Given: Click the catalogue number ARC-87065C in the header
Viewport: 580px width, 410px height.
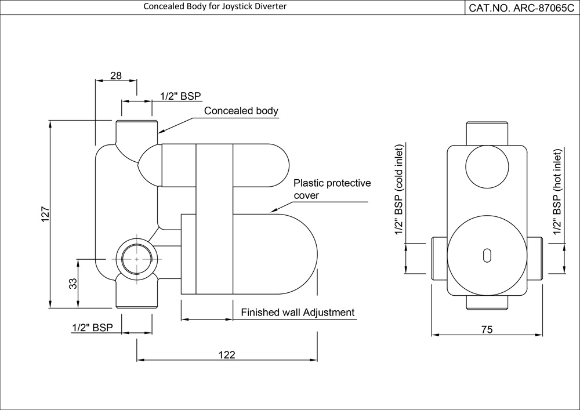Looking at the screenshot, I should tap(522, 8).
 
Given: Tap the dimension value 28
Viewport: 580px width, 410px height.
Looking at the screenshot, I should tap(116, 75).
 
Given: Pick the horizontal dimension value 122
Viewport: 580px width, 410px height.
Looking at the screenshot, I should tap(227, 355).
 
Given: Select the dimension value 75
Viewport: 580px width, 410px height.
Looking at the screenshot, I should tap(487, 329).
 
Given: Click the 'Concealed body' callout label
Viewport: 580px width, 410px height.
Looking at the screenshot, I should tap(241, 111).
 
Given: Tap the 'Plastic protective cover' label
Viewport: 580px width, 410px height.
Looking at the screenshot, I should tap(332, 189).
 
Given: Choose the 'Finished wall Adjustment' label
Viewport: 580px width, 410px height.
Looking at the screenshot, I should tap(297, 312).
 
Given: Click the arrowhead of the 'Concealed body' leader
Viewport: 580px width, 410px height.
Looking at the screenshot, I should tap(160, 131).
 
